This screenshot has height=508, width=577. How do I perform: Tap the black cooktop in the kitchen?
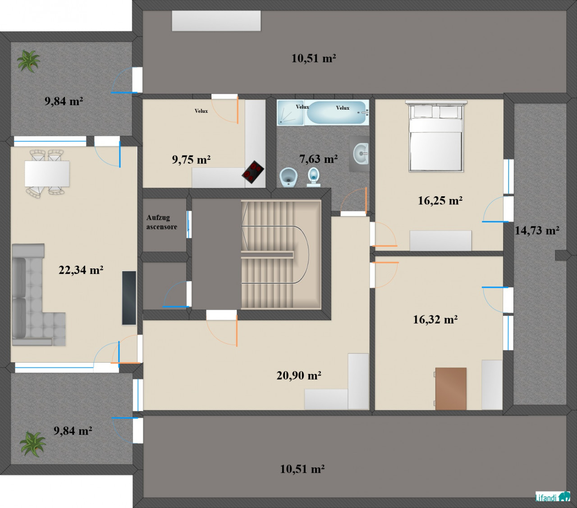253,172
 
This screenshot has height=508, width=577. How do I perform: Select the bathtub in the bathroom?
337,112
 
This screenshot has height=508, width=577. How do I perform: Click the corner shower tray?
290,112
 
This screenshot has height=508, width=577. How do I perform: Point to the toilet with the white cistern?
314,177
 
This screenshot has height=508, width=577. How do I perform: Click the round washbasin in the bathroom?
361,153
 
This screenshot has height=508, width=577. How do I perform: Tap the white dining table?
47,174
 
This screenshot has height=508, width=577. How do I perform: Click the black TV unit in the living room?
129,298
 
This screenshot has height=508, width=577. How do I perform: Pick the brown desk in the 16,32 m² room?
450,388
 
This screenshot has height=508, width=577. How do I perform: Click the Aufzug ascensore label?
161,222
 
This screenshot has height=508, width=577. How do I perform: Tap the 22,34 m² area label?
81,270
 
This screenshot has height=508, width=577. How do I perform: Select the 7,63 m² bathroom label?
318,159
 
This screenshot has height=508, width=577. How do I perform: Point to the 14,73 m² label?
537,231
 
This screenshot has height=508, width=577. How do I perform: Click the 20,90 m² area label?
299,375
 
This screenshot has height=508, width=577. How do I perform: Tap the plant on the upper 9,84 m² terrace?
28,61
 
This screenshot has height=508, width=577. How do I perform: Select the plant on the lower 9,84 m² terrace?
32,443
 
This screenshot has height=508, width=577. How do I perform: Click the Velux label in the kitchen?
201,111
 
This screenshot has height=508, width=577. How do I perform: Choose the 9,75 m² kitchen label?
191,160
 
